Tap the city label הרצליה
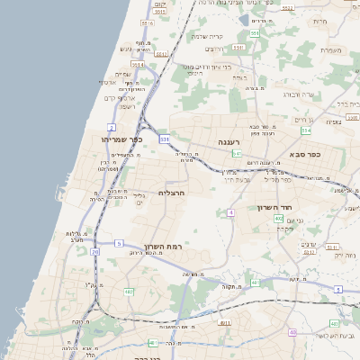[171, 193]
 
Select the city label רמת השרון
[162, 246]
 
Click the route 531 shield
[165, 139]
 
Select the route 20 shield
[95, 252]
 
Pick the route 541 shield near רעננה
[236, 154]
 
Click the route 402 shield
[278, 218]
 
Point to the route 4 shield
[230, 212]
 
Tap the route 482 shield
[129, 292]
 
